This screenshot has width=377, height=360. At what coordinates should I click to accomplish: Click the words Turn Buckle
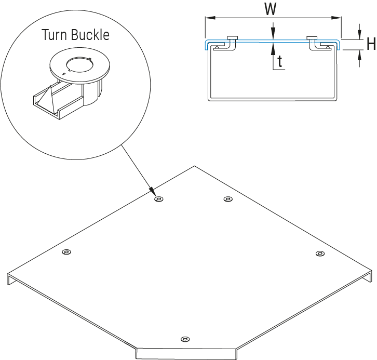tap(75, 35)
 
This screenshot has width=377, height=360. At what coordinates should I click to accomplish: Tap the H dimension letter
tap(370, 45)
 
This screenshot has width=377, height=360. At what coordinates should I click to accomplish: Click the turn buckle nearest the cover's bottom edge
tap(184, 339)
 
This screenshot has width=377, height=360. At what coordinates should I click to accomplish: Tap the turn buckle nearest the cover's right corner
tap(320, 254)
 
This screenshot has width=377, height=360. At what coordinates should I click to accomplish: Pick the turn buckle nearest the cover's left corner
tap(66, 252)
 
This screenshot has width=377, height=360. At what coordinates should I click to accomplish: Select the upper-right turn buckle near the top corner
tap(227, 199)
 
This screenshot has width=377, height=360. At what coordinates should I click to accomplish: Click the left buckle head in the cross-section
tap(232, 37)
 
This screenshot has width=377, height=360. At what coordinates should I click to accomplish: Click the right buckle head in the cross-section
tap(312, 37)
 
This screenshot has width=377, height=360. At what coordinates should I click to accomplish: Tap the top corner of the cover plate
tap(194, 166)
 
